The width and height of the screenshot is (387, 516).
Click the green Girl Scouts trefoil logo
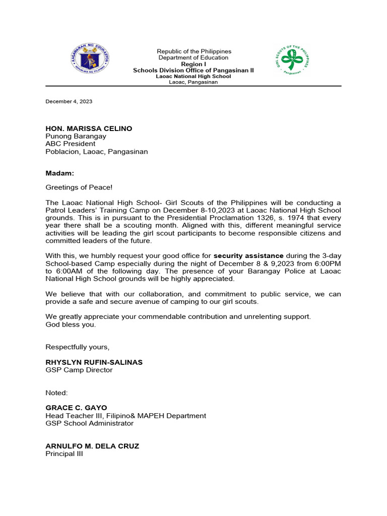(x=291, y=60)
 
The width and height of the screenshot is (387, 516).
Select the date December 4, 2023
(x=69, y=101)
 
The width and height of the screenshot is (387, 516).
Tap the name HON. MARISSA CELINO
(x=89, y=128)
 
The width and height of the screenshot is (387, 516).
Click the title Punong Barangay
(x=76, y=136)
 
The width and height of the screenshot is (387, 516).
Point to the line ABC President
(x=71, y=144)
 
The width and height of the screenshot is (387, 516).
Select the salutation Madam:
(x=59, y=173)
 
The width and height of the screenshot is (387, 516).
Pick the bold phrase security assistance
(x=248, y=255)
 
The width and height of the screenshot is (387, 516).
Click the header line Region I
(x=193, y=64)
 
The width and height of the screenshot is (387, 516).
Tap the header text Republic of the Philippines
(x=193, y=51)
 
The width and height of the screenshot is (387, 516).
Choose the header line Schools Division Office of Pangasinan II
(x=193, y=71)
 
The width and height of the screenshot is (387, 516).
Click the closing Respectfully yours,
(x=77, y=347)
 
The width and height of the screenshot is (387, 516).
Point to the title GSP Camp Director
(x=79, y=370)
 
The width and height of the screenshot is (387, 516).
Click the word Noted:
(x=56, y=392)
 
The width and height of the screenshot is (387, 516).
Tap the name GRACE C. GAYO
(x=76, y=408)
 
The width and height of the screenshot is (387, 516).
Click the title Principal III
(x=64, y=454)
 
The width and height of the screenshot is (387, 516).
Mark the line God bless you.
(x=71, y=324)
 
